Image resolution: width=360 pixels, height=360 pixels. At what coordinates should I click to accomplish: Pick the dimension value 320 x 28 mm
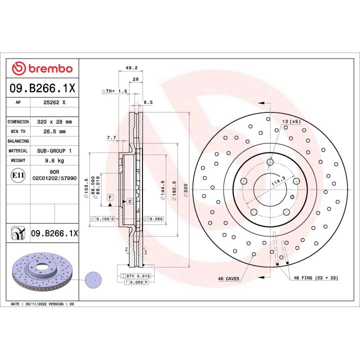[x=54, y=121]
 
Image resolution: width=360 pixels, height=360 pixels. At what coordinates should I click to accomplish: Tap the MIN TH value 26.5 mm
[x=54, y=131]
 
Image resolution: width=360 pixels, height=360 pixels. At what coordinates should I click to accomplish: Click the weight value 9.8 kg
[x=54, y=160]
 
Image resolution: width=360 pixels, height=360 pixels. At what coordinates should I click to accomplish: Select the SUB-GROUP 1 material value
[x=54, y=150]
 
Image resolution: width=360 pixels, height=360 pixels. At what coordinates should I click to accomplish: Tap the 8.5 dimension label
[x=148, y=102]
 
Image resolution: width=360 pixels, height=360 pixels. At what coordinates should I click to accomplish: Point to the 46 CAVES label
[x=228, y=278]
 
